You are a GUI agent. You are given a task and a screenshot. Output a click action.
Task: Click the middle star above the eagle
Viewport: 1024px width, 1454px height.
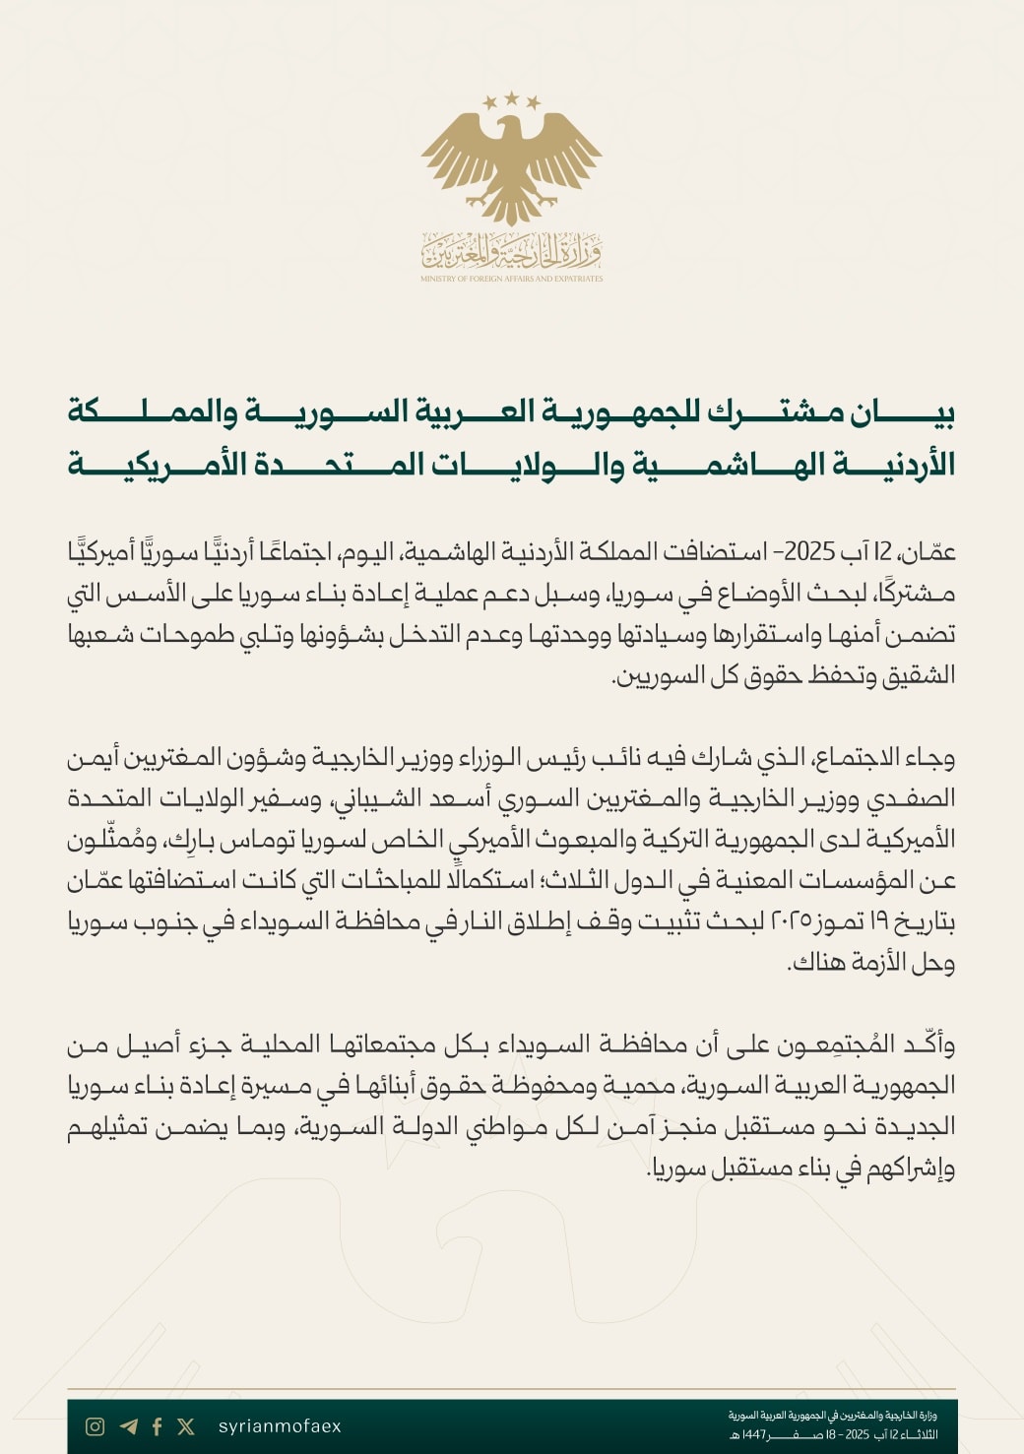[511, 97]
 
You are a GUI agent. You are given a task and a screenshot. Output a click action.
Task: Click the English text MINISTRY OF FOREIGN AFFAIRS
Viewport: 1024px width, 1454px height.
[511, 279]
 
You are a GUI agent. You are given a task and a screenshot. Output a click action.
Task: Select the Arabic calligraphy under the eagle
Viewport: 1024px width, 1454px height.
[511, 253]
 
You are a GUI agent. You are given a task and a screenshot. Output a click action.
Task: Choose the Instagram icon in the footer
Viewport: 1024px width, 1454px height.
[96, 1426]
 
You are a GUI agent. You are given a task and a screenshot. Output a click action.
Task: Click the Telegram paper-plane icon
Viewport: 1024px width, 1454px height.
[128, 1426]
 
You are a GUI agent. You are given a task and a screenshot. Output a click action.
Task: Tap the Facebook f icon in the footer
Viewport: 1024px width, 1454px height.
[158, 1426]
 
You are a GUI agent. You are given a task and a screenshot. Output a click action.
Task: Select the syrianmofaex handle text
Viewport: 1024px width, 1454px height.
[280, 1426]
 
